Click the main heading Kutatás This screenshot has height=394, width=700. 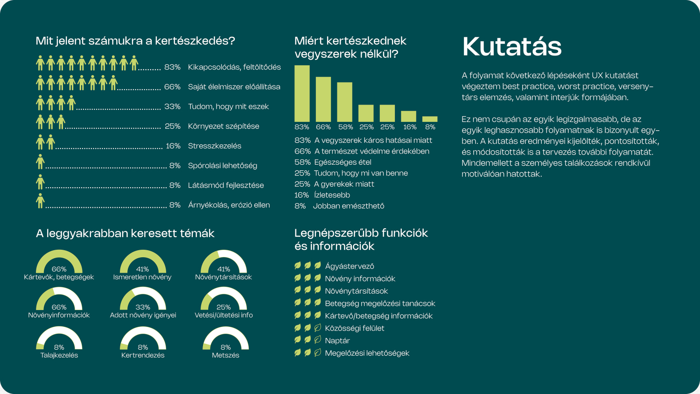point(511,46)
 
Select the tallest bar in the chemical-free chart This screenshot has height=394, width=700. point(302,93)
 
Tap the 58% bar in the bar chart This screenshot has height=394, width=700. point(344,102)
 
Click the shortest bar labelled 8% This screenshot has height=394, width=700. point(430,119)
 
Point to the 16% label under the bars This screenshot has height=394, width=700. point(410,127)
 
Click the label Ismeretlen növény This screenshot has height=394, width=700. point(142,277)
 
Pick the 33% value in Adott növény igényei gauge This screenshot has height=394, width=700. point(142,307)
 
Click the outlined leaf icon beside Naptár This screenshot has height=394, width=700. point(317,340)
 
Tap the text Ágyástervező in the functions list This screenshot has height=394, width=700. point(350,266)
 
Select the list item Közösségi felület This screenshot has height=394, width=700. point(354,328)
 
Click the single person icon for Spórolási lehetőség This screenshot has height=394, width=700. point(40,162)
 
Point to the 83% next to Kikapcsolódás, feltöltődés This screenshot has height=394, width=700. point(173,67)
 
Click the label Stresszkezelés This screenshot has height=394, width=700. point(214,146)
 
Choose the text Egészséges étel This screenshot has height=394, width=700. point(343,162)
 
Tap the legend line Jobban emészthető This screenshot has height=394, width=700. point(349,206)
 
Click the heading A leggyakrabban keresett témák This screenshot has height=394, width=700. point(125,233)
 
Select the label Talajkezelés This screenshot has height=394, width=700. point(59,355)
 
